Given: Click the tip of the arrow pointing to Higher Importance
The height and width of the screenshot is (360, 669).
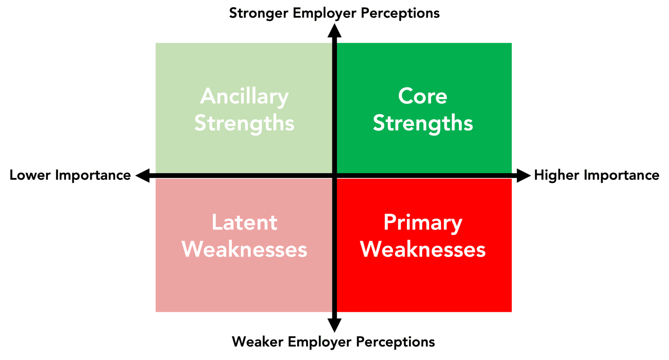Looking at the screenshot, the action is pyautogui.click(x=531, y=176).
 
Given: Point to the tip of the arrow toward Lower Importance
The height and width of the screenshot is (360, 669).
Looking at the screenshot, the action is pyautogui.click(x=136, y=176).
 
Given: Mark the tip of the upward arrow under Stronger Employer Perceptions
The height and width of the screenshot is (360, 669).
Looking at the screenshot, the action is pyautogui.click(x=334, y=24).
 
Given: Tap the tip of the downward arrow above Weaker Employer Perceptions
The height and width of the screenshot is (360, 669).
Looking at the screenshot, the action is pyautogui.click(x=334, y=332).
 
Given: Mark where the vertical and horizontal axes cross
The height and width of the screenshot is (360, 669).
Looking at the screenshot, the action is pyautogui.click(x=334, y=176).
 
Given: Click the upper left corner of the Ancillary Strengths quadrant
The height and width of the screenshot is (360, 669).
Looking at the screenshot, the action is pyautogui.click(x=155, y=43).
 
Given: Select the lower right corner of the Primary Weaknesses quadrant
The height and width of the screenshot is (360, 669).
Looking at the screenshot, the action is pyautogui.click(x=512, y=312).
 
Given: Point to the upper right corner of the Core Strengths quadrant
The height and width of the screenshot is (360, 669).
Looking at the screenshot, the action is pyautogui.click(x=512, y=43).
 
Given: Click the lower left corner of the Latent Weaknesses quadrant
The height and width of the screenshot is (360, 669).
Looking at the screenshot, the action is pyautogui.click(x=155, y=312).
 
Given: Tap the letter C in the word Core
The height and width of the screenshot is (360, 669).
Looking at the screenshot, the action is pyautogui.click(x=407, y=96).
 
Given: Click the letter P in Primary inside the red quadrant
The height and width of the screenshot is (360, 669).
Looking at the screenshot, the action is pyautogui.click(x=390, y=222).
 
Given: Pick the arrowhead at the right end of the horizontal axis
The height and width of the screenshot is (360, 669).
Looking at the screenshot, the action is pyautogui.click(x=524, y=176).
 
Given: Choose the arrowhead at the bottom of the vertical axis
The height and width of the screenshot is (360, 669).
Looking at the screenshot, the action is pyautogui.click(x=334, y=325).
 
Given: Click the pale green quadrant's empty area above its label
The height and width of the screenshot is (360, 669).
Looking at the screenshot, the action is pyautogui.click(x=244, y=64).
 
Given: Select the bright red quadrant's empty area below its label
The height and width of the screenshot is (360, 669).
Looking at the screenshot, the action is pyautogui.click(x=424, y=285).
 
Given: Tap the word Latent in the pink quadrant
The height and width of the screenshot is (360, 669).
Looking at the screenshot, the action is pyautogui.click(x=244, y=222).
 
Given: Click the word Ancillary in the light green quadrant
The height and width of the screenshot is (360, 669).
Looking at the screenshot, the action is pyautogui.click(x=244, y=97).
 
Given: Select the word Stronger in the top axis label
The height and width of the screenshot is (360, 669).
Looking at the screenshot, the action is pyautogui.click(x=258, y=14).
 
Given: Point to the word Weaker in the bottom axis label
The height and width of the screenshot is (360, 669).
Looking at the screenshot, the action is pyautogui.click(x=257, y=341).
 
